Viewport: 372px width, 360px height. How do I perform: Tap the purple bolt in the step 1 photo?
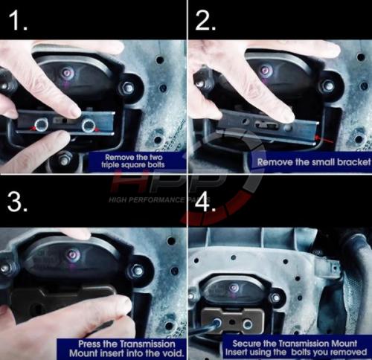(x=68, y=73)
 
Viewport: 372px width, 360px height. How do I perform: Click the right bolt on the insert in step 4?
(x=248, y=324)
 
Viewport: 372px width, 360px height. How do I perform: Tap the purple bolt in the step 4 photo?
(x=234, y=288)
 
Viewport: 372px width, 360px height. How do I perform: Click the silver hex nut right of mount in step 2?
(x=328, y=86)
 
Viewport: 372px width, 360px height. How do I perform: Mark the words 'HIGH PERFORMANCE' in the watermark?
(x=147, y=200)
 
